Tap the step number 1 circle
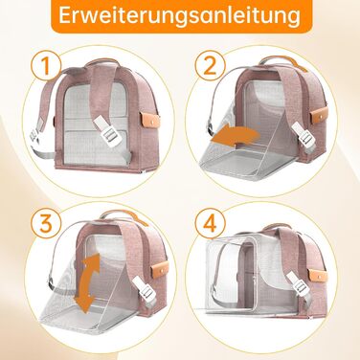46,65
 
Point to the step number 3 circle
46,222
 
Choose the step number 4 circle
211,222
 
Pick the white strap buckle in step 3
144,288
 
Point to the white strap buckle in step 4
299,283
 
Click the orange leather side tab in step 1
149,120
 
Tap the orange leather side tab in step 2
319,115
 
